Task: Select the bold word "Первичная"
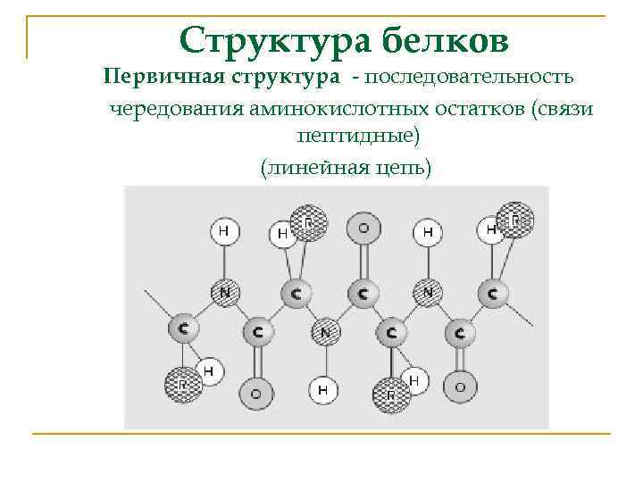pyautogui.click(x=163, y=76)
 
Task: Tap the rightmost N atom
pyautogui.click(x=429, y=291)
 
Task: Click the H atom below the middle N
pyautogui.click(x=323, y=389)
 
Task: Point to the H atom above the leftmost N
pyautogui.click(x=224, y=231)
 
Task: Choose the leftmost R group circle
pyautogui.click(x=181, y=385)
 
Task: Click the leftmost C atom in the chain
pyautogui.click(x=183, y=328)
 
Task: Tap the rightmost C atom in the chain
pyautogui.click(x=492, y=292)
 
